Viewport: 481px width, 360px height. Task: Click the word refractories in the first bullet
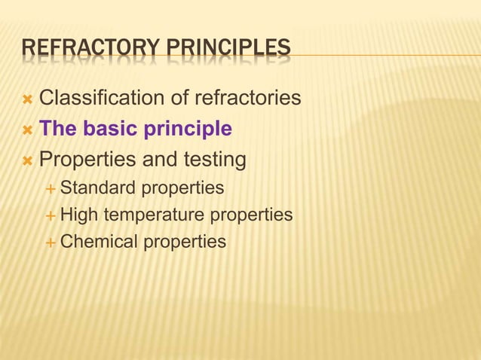coord(248,98)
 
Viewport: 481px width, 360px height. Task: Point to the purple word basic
coord(112,129)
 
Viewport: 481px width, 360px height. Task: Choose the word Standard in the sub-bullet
coord(97,187)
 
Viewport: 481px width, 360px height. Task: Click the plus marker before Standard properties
coord(51,188)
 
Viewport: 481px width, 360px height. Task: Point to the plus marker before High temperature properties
coord(51,215)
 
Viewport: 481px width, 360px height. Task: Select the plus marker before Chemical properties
coord(51,243)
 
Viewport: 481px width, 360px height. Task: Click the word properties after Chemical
coord(185,242)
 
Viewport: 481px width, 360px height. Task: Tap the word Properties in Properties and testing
coord(82,160)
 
